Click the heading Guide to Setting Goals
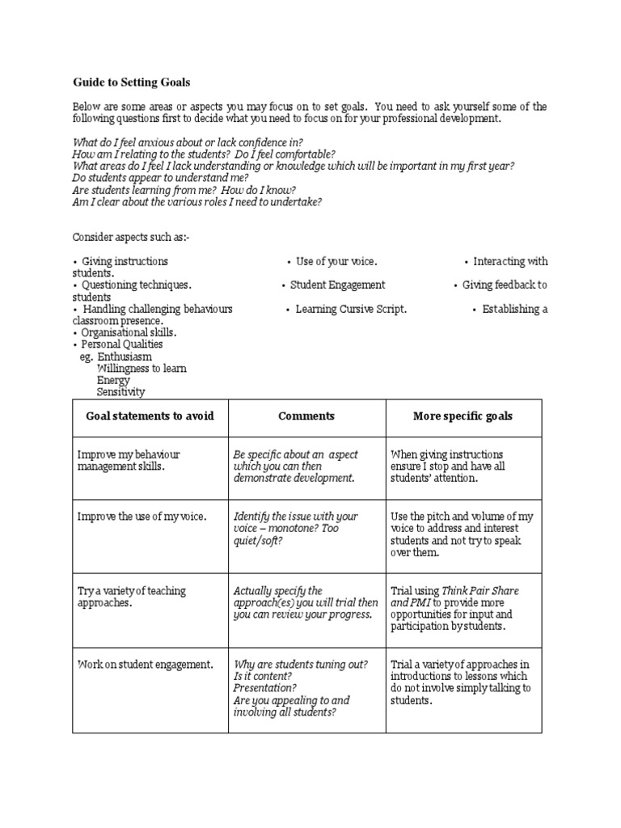point(132,82)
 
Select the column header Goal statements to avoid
point(150,416)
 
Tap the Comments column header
point(306,416)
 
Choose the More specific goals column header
point(463,416)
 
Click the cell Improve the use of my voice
point(142,516)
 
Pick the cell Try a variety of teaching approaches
point(131,597)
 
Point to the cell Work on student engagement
point(146,665)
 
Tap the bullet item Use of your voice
point(336,261)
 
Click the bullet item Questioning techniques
point(136,285)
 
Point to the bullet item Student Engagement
point(337,285)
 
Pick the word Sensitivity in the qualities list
point(120,392)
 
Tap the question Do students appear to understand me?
point(160,177)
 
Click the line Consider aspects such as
point(133,237)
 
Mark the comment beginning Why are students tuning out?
point(300,664)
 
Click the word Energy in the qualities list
point(112,380)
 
